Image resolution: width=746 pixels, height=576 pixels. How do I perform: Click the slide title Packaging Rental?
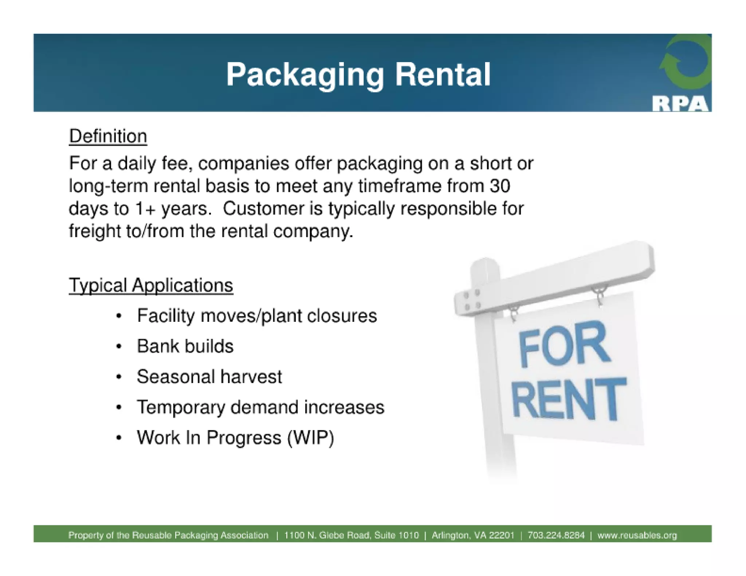pyautogui.click(x=358, y=75)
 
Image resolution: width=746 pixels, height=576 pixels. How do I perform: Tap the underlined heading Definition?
pyautogui.click(x=108, y=137)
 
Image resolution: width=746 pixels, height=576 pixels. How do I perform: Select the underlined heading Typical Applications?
pyautogui.click(x=151, y=285)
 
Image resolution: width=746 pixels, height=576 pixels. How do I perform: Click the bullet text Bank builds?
pyautogui.click(x=185, y=346)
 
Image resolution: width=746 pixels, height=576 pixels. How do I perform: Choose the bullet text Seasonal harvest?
pyautogui.click(x=209, y=377)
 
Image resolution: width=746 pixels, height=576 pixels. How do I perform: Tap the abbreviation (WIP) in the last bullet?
pyautogui.click(x=311, y=438)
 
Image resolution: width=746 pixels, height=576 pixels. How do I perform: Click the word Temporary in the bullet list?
pyautogui.click(x=181, y=407)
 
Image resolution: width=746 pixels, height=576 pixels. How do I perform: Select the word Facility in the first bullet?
pyautogui.click(x=166, y=316)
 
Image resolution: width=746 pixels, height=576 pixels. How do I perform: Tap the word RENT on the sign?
pyautogui.click(x=568, y=399)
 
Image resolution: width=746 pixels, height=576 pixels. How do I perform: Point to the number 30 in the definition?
pyautogui.click(x=499, y=186)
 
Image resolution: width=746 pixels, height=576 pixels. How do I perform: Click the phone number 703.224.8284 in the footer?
pyautogui.click(x=556, y=535)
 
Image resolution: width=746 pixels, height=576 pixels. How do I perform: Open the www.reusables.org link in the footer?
pyautogui.click(x=637, y=535)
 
